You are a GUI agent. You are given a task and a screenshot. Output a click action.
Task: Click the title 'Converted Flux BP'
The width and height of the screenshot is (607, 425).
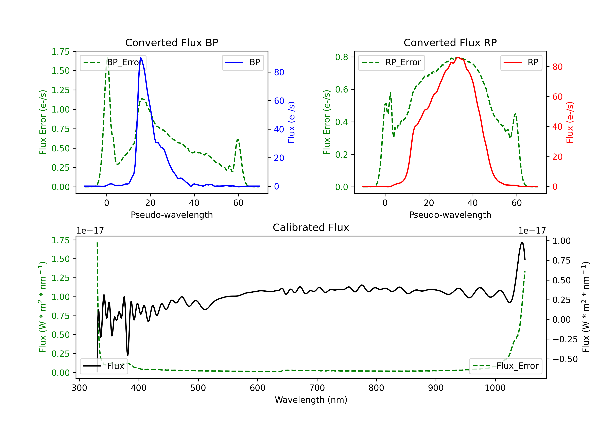point(172,42)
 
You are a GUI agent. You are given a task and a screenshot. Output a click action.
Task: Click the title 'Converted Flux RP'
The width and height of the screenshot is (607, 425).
point(450,42)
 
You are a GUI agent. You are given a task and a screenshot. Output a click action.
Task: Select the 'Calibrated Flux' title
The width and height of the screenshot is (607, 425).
point(311,227)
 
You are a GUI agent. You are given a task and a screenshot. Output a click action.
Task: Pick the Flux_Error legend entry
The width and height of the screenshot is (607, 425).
point(505,366)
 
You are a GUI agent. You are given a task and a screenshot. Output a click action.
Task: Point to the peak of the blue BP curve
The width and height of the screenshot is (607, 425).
point(141,57)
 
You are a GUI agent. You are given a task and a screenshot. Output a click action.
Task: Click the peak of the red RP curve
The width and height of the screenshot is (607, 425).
point(458,57)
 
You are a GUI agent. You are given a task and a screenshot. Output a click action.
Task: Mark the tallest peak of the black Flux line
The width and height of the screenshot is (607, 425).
point(522,242)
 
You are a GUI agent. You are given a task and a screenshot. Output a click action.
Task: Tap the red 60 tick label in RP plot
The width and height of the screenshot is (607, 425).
point(557,97)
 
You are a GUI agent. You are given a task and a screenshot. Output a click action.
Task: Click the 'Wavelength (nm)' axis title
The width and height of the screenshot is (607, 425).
point(311,400)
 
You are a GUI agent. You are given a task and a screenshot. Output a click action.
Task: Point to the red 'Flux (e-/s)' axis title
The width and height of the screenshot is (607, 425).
point(570,122)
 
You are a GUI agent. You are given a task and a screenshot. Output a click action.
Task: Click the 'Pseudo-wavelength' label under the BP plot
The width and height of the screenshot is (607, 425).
point(172,215)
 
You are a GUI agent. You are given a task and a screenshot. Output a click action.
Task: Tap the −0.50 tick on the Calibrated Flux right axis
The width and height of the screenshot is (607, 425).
point(565,359)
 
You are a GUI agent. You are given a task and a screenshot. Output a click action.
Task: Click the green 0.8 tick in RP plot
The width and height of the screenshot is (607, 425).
point(342,57)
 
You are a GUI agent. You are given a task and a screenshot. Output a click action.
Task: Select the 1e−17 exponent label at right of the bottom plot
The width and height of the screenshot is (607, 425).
point(532,231)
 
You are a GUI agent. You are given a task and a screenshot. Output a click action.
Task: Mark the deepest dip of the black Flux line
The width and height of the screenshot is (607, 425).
point(128,355)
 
